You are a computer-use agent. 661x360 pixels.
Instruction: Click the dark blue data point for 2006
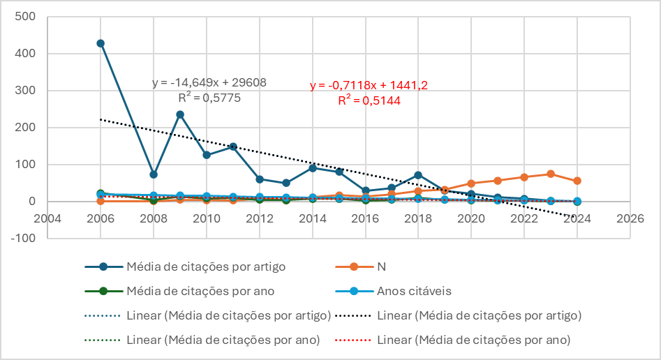pyautogui.click(x=101, y=43)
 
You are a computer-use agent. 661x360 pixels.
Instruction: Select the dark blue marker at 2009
pyautogui.click(x=180, y=114)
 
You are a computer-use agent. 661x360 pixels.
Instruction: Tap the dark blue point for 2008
pyautogui.click(x=154, y=174)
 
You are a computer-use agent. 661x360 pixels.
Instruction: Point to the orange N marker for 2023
pyautogui.click(x=551, y=174)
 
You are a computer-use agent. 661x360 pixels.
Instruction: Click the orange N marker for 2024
pyautogui.click(x=577, y=181)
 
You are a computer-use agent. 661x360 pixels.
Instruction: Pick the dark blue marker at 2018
pyautogui.click(x=418, y=175)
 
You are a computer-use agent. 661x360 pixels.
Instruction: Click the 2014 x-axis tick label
pyautogui.click(x=312, y=218)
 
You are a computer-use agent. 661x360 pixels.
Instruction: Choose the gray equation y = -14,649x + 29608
pyautogui.click(x=209, y=83)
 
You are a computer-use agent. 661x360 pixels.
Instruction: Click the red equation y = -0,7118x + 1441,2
pyautogui.click(x=369, y=85)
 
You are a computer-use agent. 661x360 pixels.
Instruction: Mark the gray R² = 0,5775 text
pyautogui.click(x=209, y=98)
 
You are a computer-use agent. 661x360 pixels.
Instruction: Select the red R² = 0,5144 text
pyautogui.click(x=369, y=100)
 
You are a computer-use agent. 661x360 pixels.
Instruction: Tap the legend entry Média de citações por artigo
pyautogui.click(x=206, y=267)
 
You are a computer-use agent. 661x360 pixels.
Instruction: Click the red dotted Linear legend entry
pyautogui.click(x=473, y=340)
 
